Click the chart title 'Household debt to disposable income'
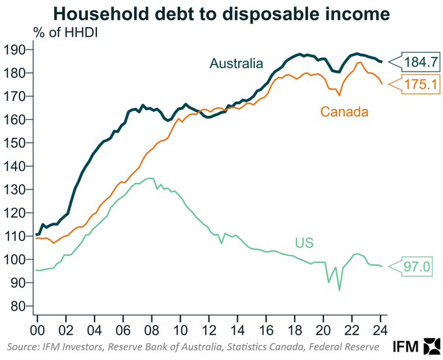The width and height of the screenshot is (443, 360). click(x=221, y=13)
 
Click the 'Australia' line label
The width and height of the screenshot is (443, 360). click(x=236, y=63)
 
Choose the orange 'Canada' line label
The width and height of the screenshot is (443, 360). click(x=345, y=112)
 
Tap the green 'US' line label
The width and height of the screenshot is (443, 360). click(x=304, y=243)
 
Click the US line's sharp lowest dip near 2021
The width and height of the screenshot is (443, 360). click(x=339, y=290)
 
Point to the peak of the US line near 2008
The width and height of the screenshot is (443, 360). click(x=150, y=178)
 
